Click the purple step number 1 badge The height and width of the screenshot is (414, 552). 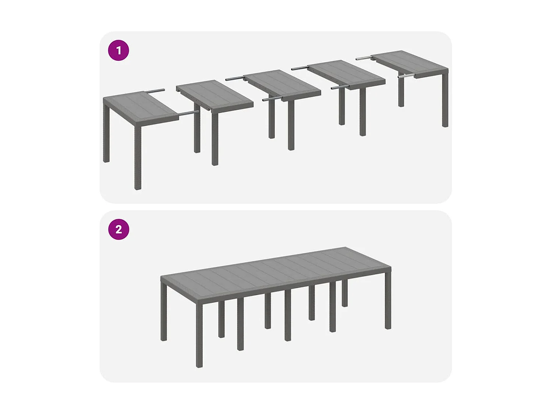pyautogui.click(x=118, y=50)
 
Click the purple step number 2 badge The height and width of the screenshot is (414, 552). pyautogui.click(x=118, y=229)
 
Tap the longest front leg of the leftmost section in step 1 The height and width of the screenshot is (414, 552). pyautogui.click(x=138, y=158)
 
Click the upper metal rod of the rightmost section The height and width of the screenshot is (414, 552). pyautogui.click(x=364, y=58)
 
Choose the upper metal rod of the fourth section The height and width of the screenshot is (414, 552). pyautogui.click(x=300, y=68)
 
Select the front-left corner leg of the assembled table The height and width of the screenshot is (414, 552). pyautogui.click(x=199, y=335)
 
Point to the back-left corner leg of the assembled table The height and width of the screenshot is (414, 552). pyautogui.click(x=164, y=313)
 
